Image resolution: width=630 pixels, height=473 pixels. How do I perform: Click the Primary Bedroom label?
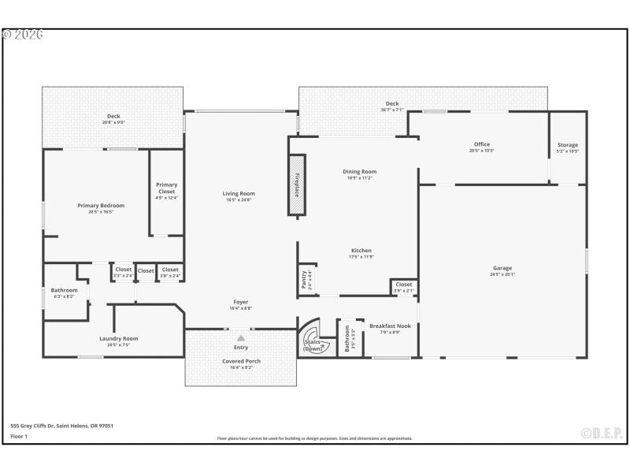tap(101, 206)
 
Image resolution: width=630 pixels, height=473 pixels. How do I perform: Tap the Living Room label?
tap(238, 193)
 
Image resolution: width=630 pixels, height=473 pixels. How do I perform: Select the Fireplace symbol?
tap(297, 184)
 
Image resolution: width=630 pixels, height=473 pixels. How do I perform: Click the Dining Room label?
tap(359, 171)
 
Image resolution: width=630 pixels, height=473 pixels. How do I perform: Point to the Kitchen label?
tap(361, 251)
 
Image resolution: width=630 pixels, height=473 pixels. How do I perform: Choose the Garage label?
tap(502, 268)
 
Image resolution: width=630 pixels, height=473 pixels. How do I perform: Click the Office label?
tap(482, 144)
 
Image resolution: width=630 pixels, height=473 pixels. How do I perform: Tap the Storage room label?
tap(568, 145)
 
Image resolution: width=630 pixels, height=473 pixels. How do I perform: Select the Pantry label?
tap(305, 279)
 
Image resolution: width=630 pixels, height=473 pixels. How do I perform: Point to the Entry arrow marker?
tap(241, 337)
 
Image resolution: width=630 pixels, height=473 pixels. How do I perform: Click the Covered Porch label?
tap(240, 361)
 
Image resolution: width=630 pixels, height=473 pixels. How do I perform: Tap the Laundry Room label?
tap(119, 338)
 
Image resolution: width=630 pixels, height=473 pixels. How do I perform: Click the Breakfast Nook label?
tap(390, 326)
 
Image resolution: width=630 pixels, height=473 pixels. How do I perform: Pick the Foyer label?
tap(240, 302)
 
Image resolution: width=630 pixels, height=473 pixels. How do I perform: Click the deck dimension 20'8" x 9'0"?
tap(113, 122)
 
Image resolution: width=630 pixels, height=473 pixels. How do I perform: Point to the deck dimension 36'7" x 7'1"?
tap(392, 110)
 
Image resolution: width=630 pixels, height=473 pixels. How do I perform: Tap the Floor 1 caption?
tap(19, 435)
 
